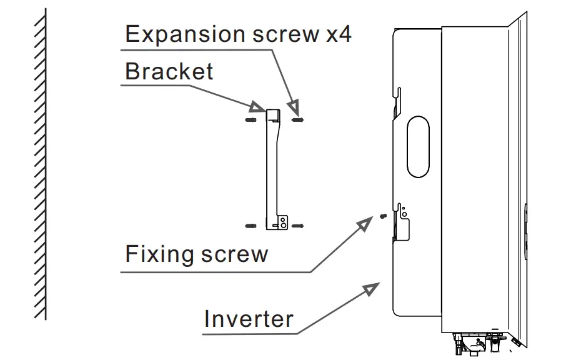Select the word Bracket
[x=169, y=71]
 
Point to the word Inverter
[x=249, y=319]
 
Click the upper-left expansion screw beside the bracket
[x=250, y=119]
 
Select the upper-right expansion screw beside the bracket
[x=298, y=119]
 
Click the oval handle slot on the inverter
[x=417, y=147]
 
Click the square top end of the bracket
[x=274, y=115]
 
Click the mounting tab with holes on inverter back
[x=404, y=216]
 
